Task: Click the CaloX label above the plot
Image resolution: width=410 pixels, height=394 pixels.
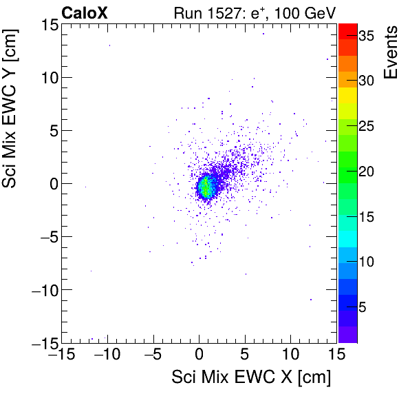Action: (84, 12)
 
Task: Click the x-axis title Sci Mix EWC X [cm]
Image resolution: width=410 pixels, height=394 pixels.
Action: (251, 377)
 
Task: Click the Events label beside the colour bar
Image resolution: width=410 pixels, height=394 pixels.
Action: (391, 53)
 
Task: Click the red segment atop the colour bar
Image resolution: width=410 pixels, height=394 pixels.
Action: (347, 30)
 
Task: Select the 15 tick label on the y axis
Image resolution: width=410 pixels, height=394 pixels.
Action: (48, 25)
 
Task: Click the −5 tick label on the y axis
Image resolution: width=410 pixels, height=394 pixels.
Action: (45, 237)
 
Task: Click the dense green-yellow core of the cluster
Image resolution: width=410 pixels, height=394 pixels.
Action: (205, 186)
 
